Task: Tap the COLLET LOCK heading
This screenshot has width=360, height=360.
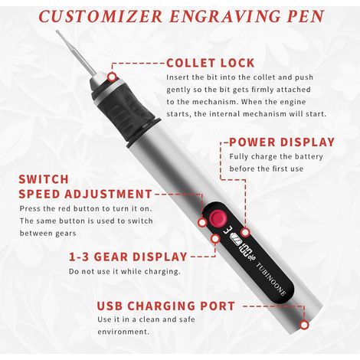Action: (211, 63)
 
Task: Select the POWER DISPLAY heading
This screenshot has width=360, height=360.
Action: (282, 142)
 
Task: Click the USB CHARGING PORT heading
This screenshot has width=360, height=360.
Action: (166, 306)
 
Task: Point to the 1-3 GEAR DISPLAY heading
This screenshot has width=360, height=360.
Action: (128, 257)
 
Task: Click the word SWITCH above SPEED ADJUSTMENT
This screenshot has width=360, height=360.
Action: (44, 179)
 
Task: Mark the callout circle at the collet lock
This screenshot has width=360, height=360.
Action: (112, 77)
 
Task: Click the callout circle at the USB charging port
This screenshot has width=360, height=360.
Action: (304, 325)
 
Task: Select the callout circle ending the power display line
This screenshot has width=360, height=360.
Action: (245, 232)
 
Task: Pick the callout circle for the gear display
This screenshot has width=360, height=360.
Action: (215, 238)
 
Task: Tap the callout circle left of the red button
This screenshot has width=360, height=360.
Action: (202, 222)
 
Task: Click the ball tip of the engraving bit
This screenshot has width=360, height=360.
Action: (58, 32)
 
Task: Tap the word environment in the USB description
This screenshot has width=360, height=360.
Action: (123, 332)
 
